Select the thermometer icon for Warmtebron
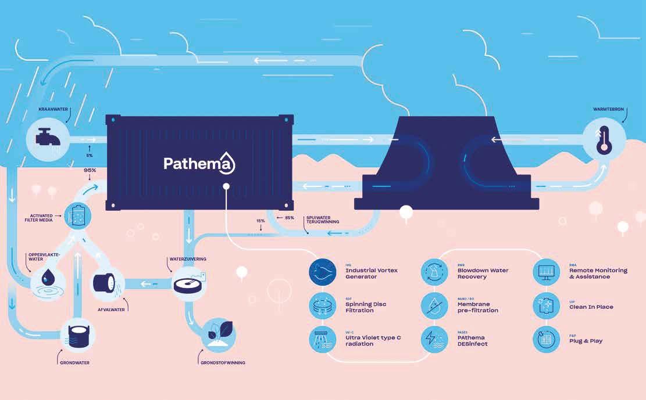[604, 139]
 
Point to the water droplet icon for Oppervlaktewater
[45, 280]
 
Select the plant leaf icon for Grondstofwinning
[219, 335]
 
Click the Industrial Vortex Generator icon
[323, 272]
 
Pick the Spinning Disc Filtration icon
[323, 306]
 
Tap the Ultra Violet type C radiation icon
[323, 340]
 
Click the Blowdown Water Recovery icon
[435, 272]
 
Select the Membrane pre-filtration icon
[435, 306]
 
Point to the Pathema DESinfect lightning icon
[435, 340]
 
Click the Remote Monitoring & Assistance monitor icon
[547, 272]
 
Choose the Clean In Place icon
[547, 306]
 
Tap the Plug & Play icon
[547, 340]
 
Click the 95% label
[90, 171]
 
